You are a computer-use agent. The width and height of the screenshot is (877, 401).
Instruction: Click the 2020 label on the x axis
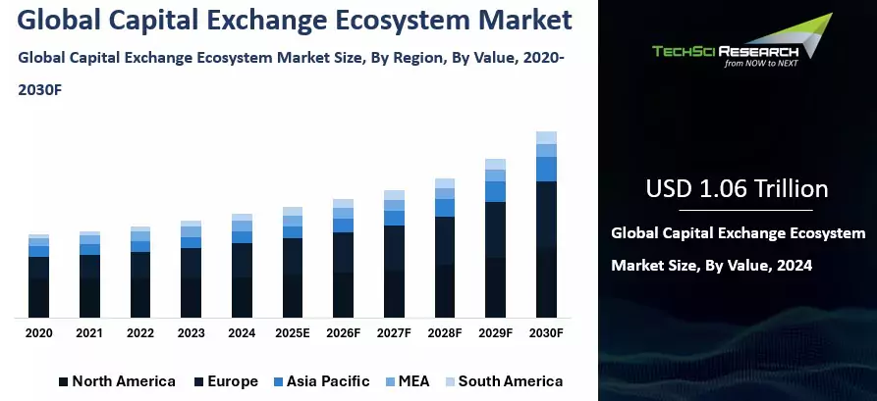tap(38, 333)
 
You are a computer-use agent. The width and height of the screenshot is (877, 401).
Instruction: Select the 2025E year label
tap(292, 333)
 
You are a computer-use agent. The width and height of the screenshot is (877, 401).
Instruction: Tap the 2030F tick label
tap(546, 333)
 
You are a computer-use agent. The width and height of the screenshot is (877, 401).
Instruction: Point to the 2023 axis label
tap(191, 333)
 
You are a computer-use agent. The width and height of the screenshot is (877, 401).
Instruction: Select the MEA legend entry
tap(411, 381)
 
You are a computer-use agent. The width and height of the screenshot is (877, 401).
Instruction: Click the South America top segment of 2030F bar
tap(546, 137)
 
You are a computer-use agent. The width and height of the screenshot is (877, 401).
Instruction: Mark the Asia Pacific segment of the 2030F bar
tap(546, 169)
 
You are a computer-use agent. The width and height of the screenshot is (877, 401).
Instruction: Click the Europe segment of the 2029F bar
tap(495, 229)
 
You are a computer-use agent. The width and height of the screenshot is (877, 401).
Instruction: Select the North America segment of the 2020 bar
tap(38, 298)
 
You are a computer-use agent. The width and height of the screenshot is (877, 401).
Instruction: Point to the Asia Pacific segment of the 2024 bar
tap(242, 237)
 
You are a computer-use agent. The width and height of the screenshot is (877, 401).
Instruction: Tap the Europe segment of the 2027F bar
tap(394, 247)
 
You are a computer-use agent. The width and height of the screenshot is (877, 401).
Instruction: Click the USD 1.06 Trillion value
tap(737, 188)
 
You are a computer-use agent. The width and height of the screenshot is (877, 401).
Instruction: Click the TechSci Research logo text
tap(727, 50)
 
